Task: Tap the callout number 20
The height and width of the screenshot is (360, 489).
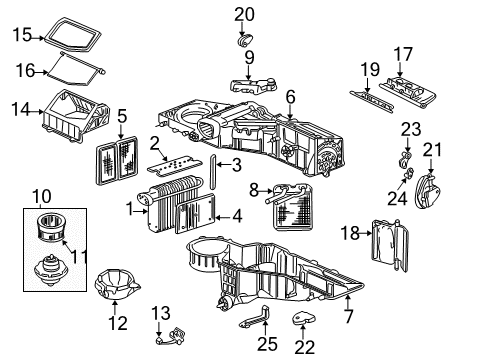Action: [245, 13]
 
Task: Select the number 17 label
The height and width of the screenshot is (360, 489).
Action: [402, 53]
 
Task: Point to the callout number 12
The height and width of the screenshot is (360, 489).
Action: [118, 322]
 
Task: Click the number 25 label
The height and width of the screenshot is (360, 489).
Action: [265, 345]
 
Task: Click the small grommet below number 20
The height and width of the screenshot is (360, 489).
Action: [244, 41]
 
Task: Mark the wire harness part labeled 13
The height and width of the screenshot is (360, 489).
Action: [171, 339]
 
